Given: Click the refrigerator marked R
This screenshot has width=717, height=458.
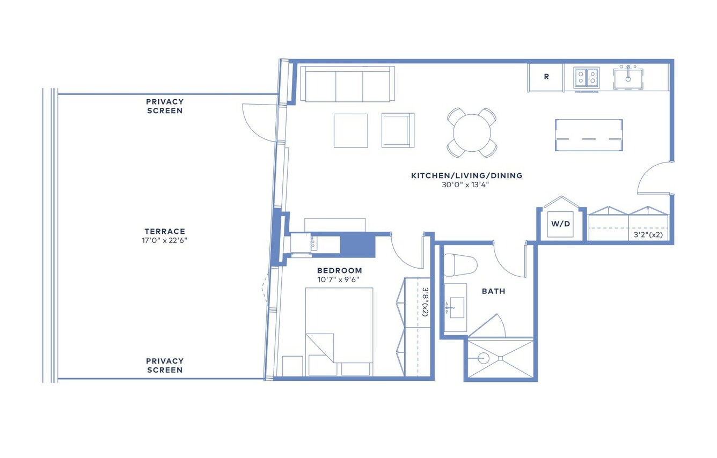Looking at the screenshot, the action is click(x=545, y=77).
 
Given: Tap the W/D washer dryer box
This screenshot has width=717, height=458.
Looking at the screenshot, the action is click(x=560, y=224).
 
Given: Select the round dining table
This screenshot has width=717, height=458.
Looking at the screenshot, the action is click(x=472, y=132).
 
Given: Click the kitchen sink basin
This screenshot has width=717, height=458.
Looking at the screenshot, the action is click(x=628, y=79).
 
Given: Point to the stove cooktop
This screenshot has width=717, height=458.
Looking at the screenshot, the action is click(x=587, y=77).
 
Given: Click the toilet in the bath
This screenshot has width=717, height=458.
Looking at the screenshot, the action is click(x=460, y=265).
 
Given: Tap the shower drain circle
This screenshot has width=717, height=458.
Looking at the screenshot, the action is click(x=484, y=358).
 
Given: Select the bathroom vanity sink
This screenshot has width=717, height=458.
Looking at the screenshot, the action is click(x=457, y=308).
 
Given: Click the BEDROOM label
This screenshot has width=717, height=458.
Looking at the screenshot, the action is click(x=339, y=271).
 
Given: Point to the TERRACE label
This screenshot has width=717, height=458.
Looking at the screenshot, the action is click(x=165, y=231).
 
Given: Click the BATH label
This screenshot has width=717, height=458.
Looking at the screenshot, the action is click(x=494, y=291).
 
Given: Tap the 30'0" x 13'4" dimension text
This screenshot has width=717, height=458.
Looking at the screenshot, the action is click(x=466, y=184).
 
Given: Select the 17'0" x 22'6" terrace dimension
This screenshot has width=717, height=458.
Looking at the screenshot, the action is click(x=165, y=240).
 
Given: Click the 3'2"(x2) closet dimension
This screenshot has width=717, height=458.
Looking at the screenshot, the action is click(x=648, y=235).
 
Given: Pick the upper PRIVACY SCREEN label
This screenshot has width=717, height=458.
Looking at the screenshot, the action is click(x=165, y=106).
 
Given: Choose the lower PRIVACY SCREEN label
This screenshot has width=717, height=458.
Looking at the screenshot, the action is click(x=165, y=365).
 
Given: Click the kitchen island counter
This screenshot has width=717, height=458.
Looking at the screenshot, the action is click(x=589, y=135).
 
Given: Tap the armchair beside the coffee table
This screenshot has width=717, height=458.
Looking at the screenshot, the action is click(x=398, y=130).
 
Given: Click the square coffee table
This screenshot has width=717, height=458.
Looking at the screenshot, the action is click(x=351, y=131).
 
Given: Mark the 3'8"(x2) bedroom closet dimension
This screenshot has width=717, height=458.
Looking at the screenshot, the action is click(x=425, y=302).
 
